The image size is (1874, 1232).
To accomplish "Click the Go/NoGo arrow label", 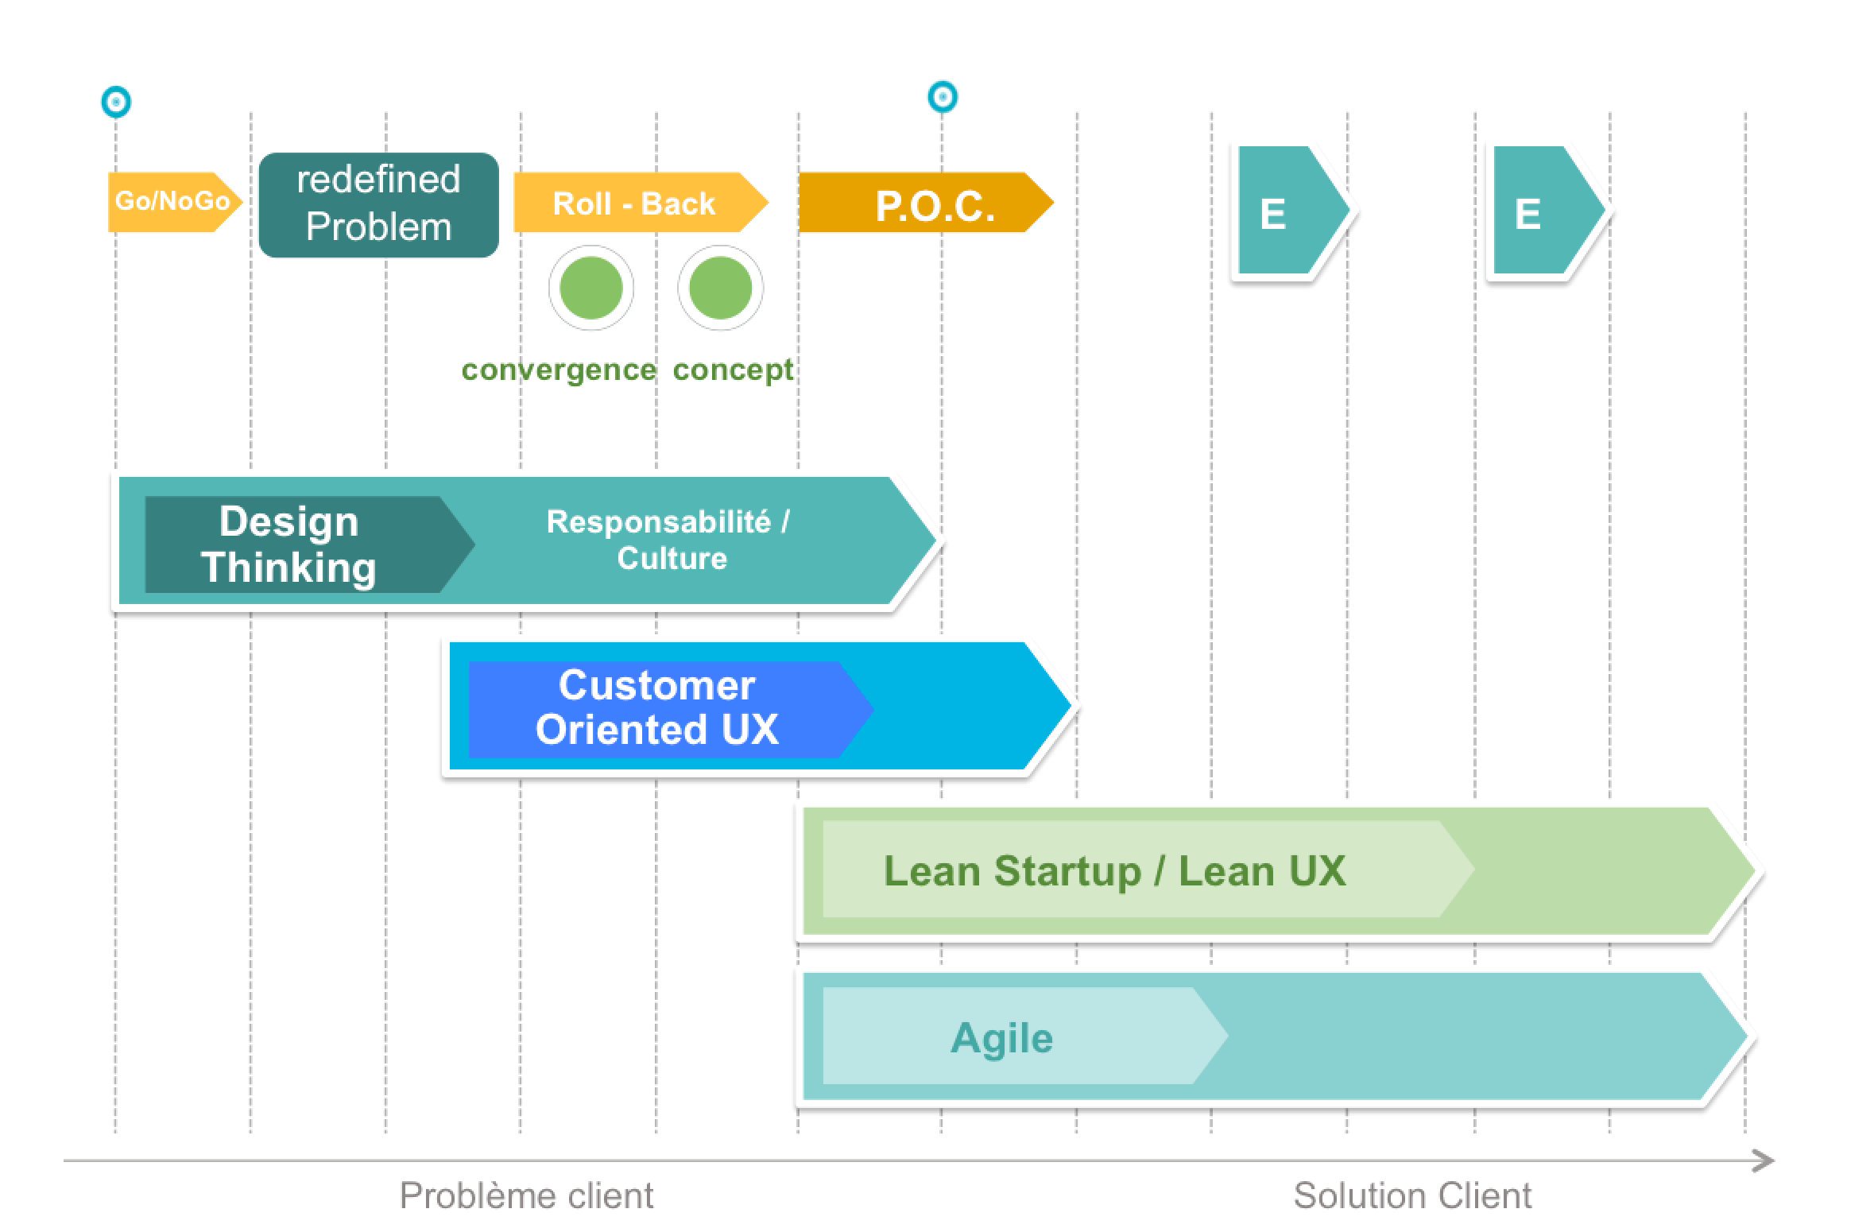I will coord(172,202).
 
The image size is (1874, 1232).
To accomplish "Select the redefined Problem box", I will coord(378,204).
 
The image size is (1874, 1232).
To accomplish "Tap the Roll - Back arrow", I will coord(634,203).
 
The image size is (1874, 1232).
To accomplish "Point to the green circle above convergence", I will coord(590,288).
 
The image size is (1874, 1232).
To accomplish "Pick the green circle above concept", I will coord(720,288).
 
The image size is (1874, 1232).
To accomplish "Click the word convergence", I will coord(559,370).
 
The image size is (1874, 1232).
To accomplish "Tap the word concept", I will coord(733,370).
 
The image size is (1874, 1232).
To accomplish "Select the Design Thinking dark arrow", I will coord(289,544).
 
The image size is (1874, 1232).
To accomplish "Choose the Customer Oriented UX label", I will coord(656,707).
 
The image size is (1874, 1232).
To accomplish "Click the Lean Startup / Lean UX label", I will coord(1114,870).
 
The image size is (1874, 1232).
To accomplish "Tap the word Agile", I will coord(1001,1037).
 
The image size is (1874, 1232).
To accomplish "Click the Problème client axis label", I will coord(526,1195).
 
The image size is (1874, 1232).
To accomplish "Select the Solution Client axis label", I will coord(1411,1195).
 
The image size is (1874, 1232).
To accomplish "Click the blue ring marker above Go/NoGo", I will coord(116,102).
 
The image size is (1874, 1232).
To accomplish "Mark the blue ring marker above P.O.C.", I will coord(943,97).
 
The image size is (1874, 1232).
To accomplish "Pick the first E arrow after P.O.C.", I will coord(1284,211).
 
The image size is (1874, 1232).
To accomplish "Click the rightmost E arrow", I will coord(1539,211).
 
